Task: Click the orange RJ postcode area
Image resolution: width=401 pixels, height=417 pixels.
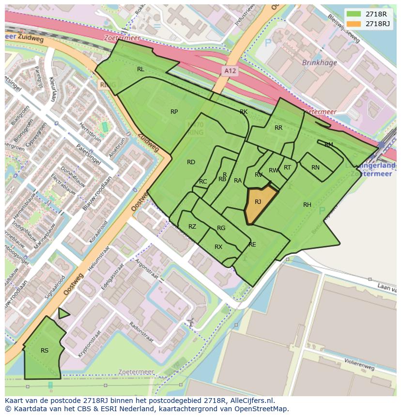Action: coord(259,204)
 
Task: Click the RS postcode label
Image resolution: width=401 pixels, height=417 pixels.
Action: coord(45,351)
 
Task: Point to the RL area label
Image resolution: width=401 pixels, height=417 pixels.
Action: coord(140,69)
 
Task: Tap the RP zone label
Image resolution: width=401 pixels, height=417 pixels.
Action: coord(174,112)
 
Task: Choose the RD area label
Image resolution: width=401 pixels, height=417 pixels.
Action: coord(191,162)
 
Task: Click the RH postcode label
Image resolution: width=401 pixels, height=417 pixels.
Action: coord(307,205)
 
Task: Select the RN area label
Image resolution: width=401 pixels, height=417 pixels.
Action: coord(315,168)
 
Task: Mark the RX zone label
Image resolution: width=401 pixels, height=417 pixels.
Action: coord(218,247)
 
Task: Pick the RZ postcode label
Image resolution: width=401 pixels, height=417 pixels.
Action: coord(192,227)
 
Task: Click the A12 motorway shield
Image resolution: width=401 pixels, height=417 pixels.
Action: coord(231,71)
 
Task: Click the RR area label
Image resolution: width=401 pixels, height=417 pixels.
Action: coord(278,128)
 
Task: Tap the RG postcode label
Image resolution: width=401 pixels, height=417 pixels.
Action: coord(221,228)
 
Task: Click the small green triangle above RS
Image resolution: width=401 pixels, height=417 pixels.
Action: coord(62,314)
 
